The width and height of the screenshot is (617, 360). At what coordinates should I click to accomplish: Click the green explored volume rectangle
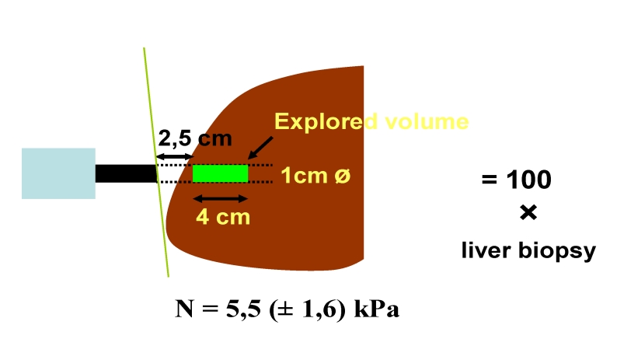click(220, 173)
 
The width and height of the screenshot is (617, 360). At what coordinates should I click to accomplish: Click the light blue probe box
click(58, 173)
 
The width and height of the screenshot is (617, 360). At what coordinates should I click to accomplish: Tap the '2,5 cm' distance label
click(195, 139)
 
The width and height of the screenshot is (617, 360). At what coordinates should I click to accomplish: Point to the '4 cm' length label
click(223, 216)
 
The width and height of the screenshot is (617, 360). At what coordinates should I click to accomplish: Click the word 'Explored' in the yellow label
click(318, 122)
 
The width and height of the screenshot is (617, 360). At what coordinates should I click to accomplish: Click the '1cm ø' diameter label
click(316, 177)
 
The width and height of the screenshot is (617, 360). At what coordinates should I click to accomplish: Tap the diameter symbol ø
click(343, 177)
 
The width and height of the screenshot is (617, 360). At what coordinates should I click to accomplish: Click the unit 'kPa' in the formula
click(378, 310)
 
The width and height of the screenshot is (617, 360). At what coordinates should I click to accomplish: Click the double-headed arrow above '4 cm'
click(220, 198)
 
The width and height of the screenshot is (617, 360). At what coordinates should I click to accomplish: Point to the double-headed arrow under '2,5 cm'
click(174, 157)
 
